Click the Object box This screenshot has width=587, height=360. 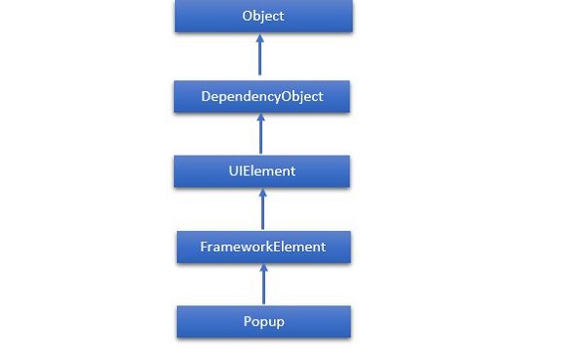tap(262, 17)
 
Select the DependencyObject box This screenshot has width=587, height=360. tap(261, 97)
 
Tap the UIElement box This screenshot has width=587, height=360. tap(261, 171)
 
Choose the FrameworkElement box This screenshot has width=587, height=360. tap(263, 247)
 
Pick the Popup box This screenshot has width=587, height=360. tap(263, 321)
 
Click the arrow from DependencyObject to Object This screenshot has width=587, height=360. tap(260, 56)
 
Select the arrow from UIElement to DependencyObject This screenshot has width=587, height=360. tap(261, 134)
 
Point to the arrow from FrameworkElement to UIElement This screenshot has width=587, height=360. tap(262, 209)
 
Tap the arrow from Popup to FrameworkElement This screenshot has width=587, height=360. tap(263, 284)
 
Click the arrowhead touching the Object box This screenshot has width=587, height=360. tap(260, 38)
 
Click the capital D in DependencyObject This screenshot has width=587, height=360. tap(204, 97)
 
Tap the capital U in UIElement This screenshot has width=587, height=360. tap(231, 171)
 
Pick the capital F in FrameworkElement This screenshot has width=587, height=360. tap(203, 247)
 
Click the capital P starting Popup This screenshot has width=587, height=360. tap(247, 321)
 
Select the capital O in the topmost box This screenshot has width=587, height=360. tap(245, 17)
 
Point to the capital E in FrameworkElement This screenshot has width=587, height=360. tap(277, 247)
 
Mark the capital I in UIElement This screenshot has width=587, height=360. tap(240, 171)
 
